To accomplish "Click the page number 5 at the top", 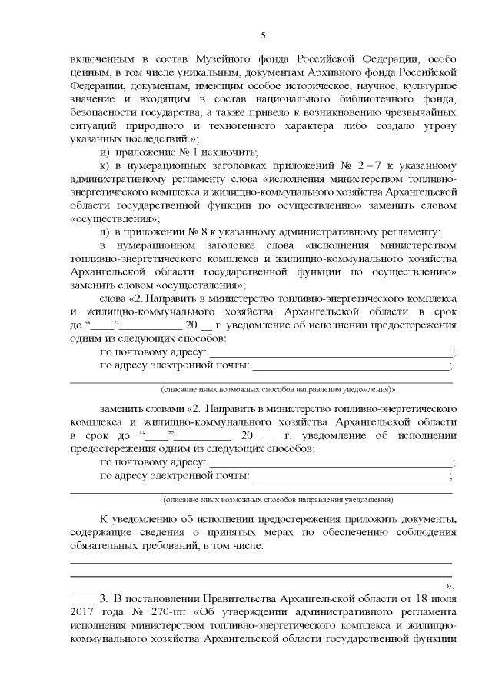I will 263,35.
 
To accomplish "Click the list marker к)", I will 106,165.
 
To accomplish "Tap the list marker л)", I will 106,231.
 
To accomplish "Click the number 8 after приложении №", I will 199,231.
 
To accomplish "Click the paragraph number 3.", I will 104,600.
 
